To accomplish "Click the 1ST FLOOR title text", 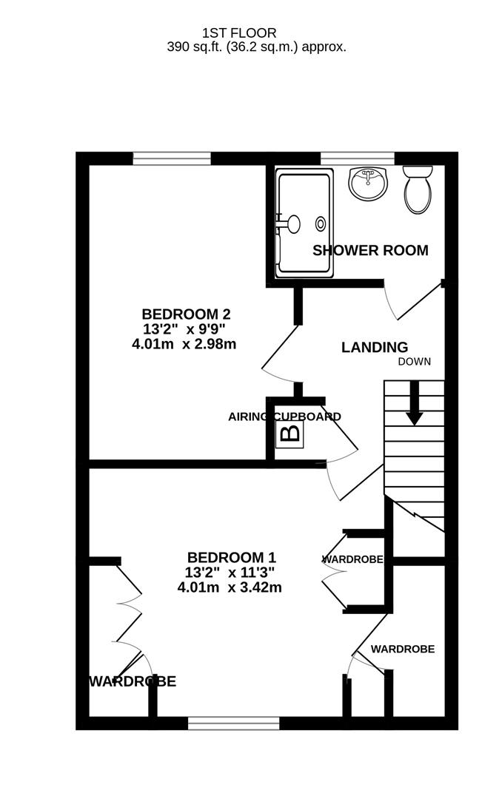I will [239, 33].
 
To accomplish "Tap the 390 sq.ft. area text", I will [256, 47].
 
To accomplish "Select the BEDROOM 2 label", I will [181, 313].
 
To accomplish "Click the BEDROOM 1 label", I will [226, 557].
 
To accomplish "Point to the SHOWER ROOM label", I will [370, 250].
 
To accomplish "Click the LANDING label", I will [375, 347].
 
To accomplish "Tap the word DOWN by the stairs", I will [414, 362].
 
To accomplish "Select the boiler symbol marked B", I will [290, 433].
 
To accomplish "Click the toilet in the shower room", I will [418, 189].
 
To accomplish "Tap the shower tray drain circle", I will [321, 223].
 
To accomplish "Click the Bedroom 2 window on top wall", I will [172, 158].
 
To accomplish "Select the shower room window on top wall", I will [357, 158].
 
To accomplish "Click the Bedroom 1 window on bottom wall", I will [234, 723].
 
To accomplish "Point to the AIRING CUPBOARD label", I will [284, 417].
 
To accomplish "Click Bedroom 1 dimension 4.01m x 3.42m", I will [230, 588].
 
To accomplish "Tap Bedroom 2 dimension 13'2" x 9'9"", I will [184, 328].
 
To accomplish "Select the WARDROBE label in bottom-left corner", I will [133, 681].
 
